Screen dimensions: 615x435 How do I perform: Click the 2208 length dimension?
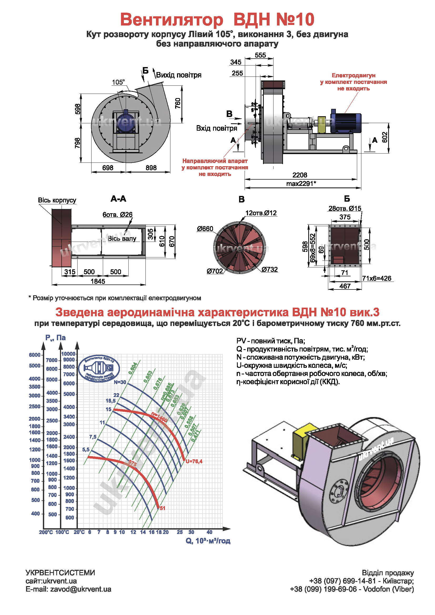(300, 175)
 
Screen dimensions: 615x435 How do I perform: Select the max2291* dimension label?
(301, 184)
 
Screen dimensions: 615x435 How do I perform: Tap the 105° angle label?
(118, 82)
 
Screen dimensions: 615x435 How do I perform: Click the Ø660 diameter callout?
(205, 229)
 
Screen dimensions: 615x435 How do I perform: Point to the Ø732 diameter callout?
(270, 270)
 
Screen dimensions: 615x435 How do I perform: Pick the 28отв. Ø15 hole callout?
(345, 209)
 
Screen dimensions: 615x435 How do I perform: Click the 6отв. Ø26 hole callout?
(117, 215)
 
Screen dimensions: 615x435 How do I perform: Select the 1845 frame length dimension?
(98, 281)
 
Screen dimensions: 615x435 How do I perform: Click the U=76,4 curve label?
(194, 461)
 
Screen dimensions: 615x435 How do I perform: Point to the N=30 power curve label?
(120, 382)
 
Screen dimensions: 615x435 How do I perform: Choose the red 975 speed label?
(133, 463)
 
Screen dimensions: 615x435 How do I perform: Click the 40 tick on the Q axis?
(209, 532)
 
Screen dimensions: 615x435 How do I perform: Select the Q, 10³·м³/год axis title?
(208, 541)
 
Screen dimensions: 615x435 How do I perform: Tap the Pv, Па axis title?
(55, 338)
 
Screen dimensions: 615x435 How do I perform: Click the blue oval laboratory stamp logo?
(99, 369)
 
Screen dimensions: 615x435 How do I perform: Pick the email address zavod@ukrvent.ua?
(81, 589)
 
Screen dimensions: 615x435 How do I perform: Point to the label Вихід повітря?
(179, 75)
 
